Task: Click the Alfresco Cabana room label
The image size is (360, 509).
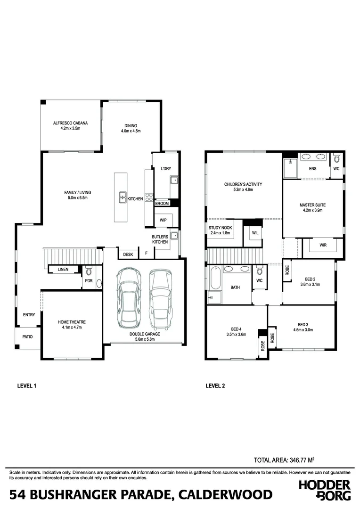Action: [x=70, y=123]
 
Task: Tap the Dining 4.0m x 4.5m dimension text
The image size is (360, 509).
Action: [x=131, y=131]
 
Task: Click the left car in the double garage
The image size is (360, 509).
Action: [x=129, y=300]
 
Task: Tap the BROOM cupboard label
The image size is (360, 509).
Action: [x=162, y=204]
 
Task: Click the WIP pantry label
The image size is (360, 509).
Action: [x=163, y=220]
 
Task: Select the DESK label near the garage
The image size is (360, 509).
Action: [x=128, y=254]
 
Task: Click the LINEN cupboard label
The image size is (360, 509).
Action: [x=63, y=270]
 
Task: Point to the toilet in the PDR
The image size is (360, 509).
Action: [x=88, y=271]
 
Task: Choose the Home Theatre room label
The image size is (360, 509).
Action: [x=72, y=322]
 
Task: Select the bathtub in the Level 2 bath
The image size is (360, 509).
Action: [x=214, y=278]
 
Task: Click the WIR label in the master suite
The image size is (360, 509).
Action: [x=323, y=245]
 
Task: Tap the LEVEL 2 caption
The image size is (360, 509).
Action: [x=215, y=386]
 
